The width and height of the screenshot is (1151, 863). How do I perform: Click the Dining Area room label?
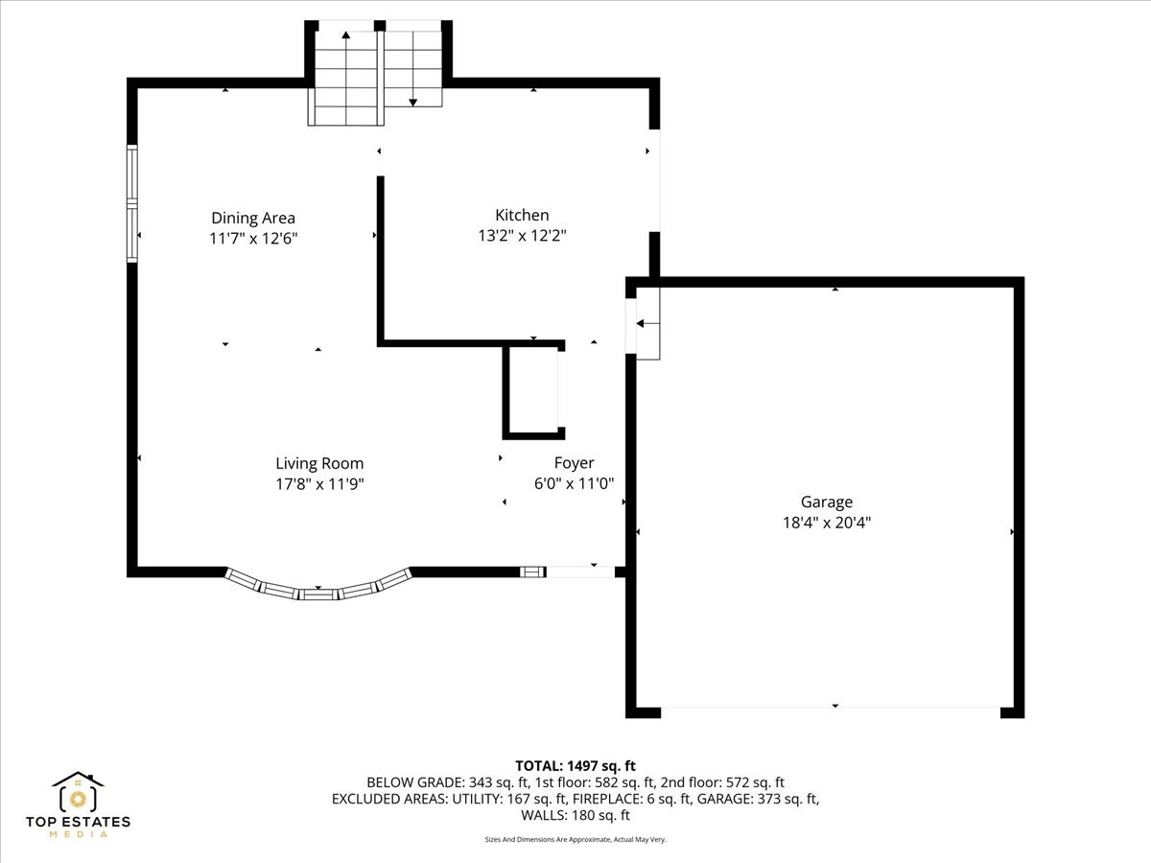tap(253, 218)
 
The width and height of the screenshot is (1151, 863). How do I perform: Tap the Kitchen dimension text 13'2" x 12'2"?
tap(523, 236)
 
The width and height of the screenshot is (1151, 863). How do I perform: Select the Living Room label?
tap(319, 463)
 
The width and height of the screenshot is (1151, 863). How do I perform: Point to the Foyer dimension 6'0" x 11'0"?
tap(574, 483)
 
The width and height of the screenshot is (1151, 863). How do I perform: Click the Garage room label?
tap(827, 501)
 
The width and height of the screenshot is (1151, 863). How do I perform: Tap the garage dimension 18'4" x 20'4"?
tap(827, 523)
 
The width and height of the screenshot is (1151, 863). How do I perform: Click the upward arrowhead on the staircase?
tap(345, 35)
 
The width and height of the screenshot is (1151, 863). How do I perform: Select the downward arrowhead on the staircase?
tap(413, 103)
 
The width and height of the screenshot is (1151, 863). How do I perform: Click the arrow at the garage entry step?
tap(647, 323)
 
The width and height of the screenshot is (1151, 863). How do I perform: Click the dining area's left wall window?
tap(132, 203)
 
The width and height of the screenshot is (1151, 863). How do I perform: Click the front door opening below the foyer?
tap(580, 571)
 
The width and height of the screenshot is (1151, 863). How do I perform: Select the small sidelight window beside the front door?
tap(532, 571)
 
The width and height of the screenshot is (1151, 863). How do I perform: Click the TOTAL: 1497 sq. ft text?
tap(575, 765)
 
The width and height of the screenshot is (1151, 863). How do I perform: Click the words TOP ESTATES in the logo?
tap(78, 822)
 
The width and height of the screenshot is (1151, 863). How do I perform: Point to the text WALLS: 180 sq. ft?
tap(575, 815)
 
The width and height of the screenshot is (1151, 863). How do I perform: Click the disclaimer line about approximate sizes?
tap(575, 839)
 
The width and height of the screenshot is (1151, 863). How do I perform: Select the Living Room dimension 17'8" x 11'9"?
tap(319, 483)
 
